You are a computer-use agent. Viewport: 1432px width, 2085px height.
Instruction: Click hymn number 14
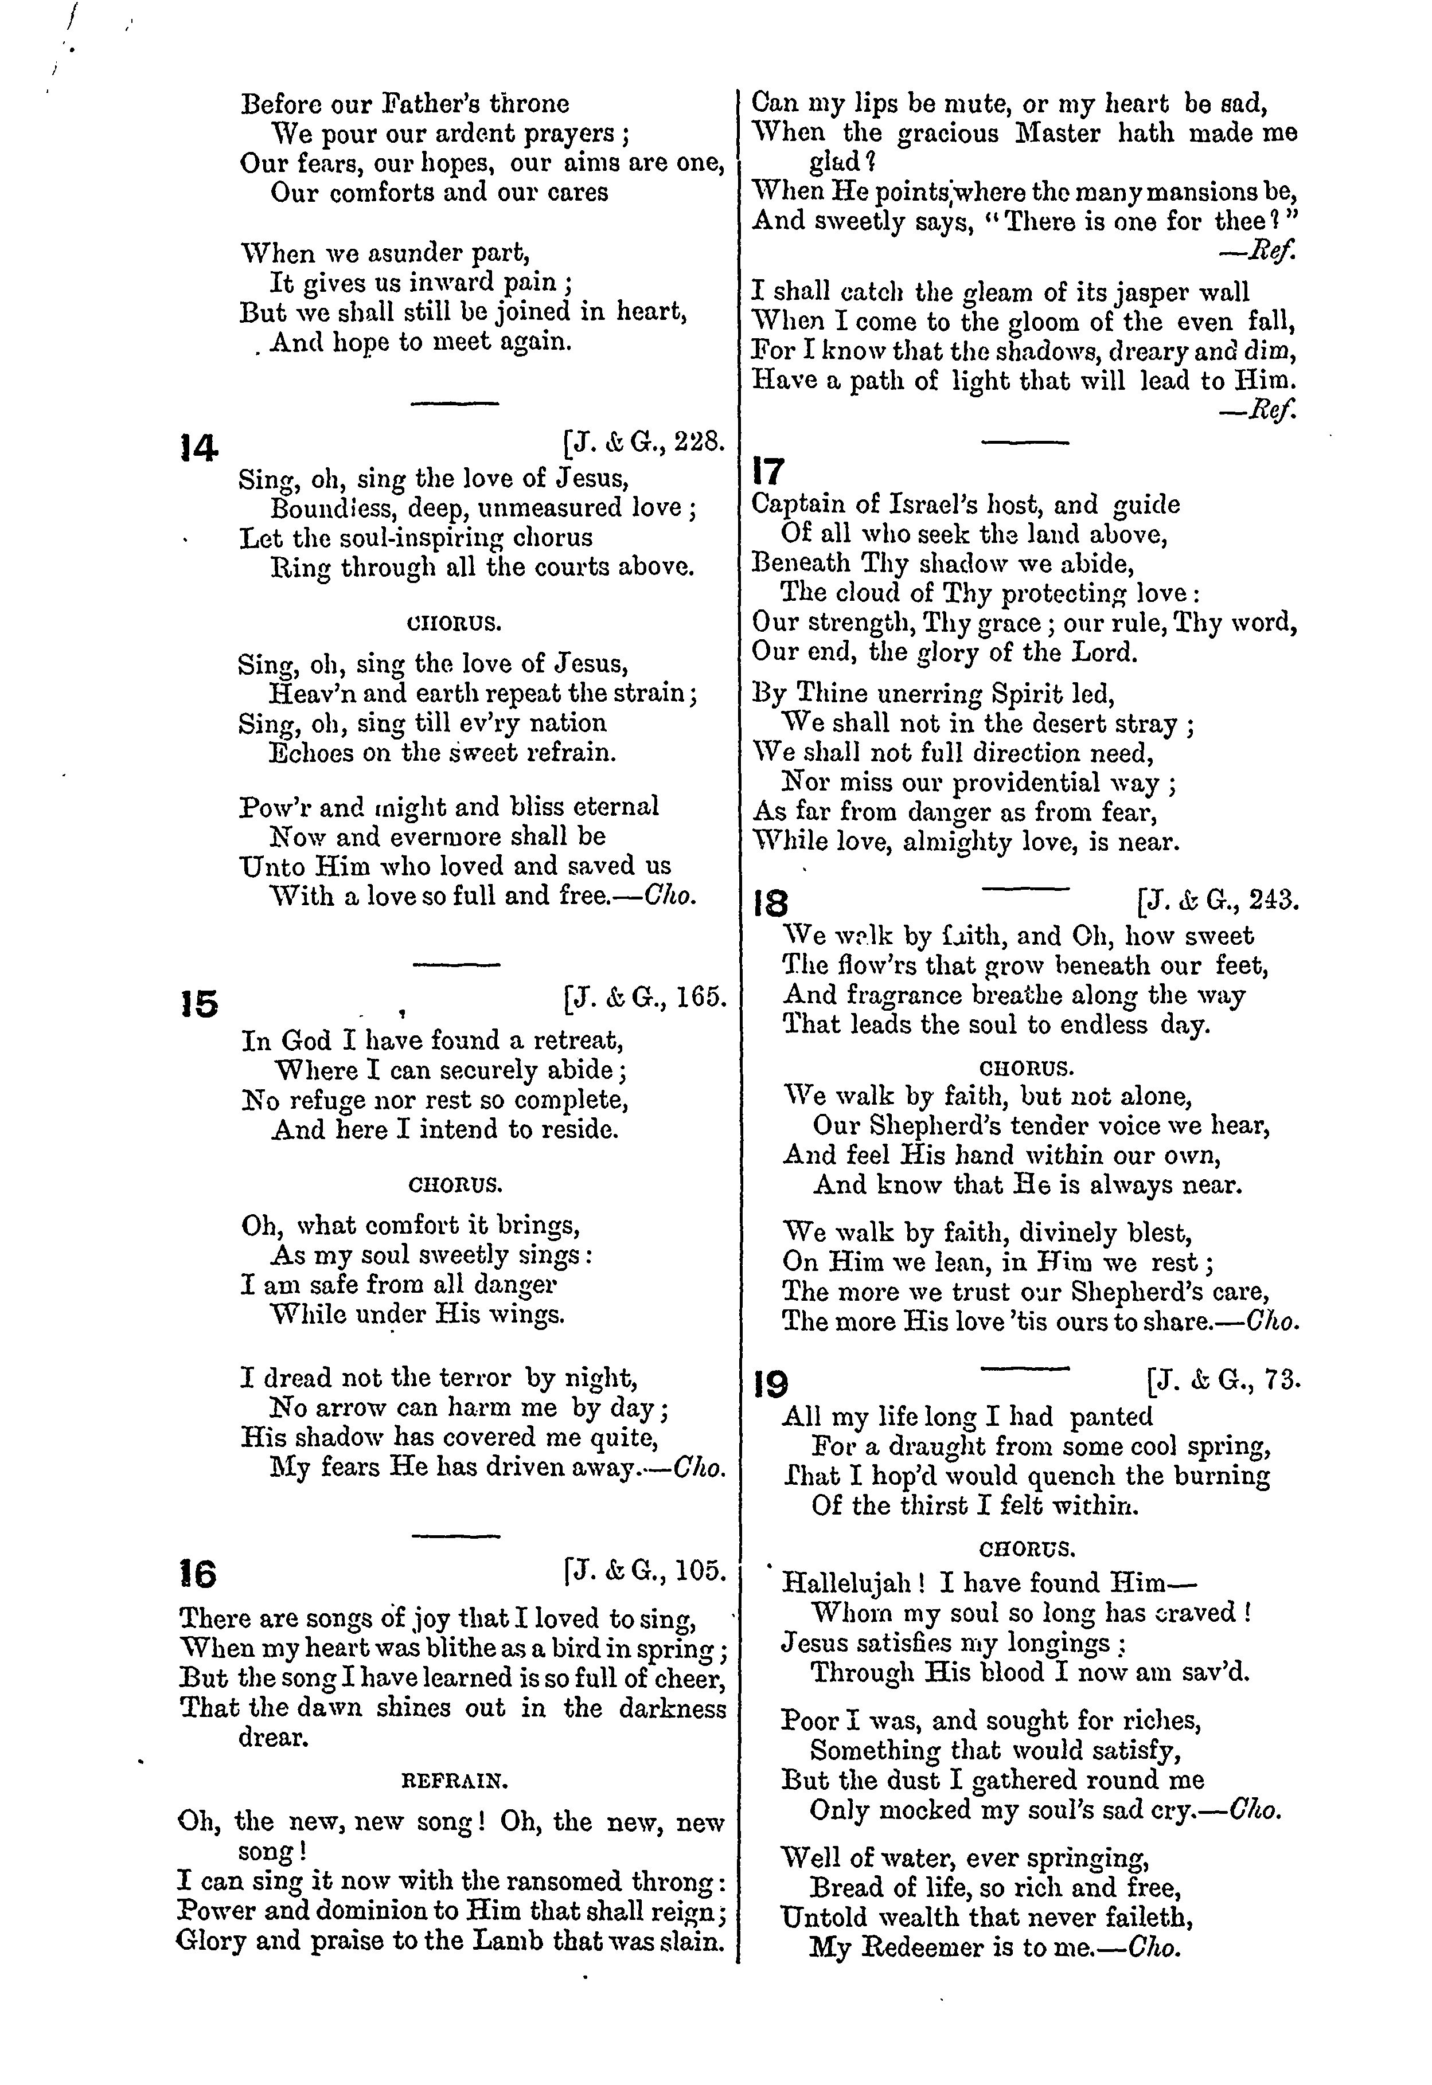click(199, 448)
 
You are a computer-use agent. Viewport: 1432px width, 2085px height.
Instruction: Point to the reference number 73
click(1281, 1380)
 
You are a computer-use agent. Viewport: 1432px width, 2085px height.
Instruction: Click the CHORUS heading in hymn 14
click(454, 622)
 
